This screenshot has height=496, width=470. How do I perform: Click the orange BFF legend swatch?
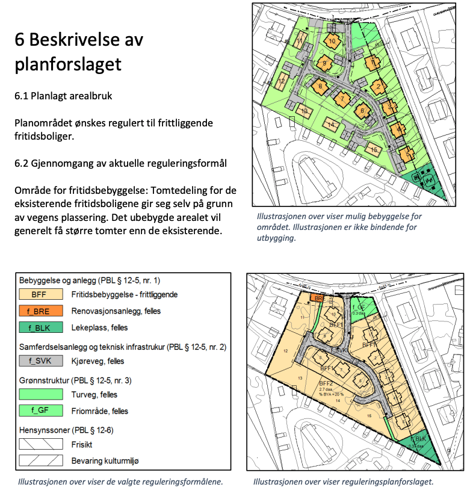[x=41, y=295]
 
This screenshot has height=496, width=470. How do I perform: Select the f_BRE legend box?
[x=41, y=311]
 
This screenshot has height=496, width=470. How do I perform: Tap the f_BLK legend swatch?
[x=41, y=328]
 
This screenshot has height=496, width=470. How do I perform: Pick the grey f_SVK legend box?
[x=41, y=361]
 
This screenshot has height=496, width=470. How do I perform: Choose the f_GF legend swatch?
[x=41, y=411]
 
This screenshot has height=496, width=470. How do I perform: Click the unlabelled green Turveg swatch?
[x=41, y=394]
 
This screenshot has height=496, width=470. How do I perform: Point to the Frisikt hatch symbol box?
[x=41, y=444]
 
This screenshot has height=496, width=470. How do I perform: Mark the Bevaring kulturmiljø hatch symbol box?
[x=41, y=460]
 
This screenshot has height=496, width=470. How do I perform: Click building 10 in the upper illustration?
[x=332, y=41]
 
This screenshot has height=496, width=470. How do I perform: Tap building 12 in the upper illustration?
[x=280, y=81]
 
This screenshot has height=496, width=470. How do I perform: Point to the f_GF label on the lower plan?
[x=357, y=307]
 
